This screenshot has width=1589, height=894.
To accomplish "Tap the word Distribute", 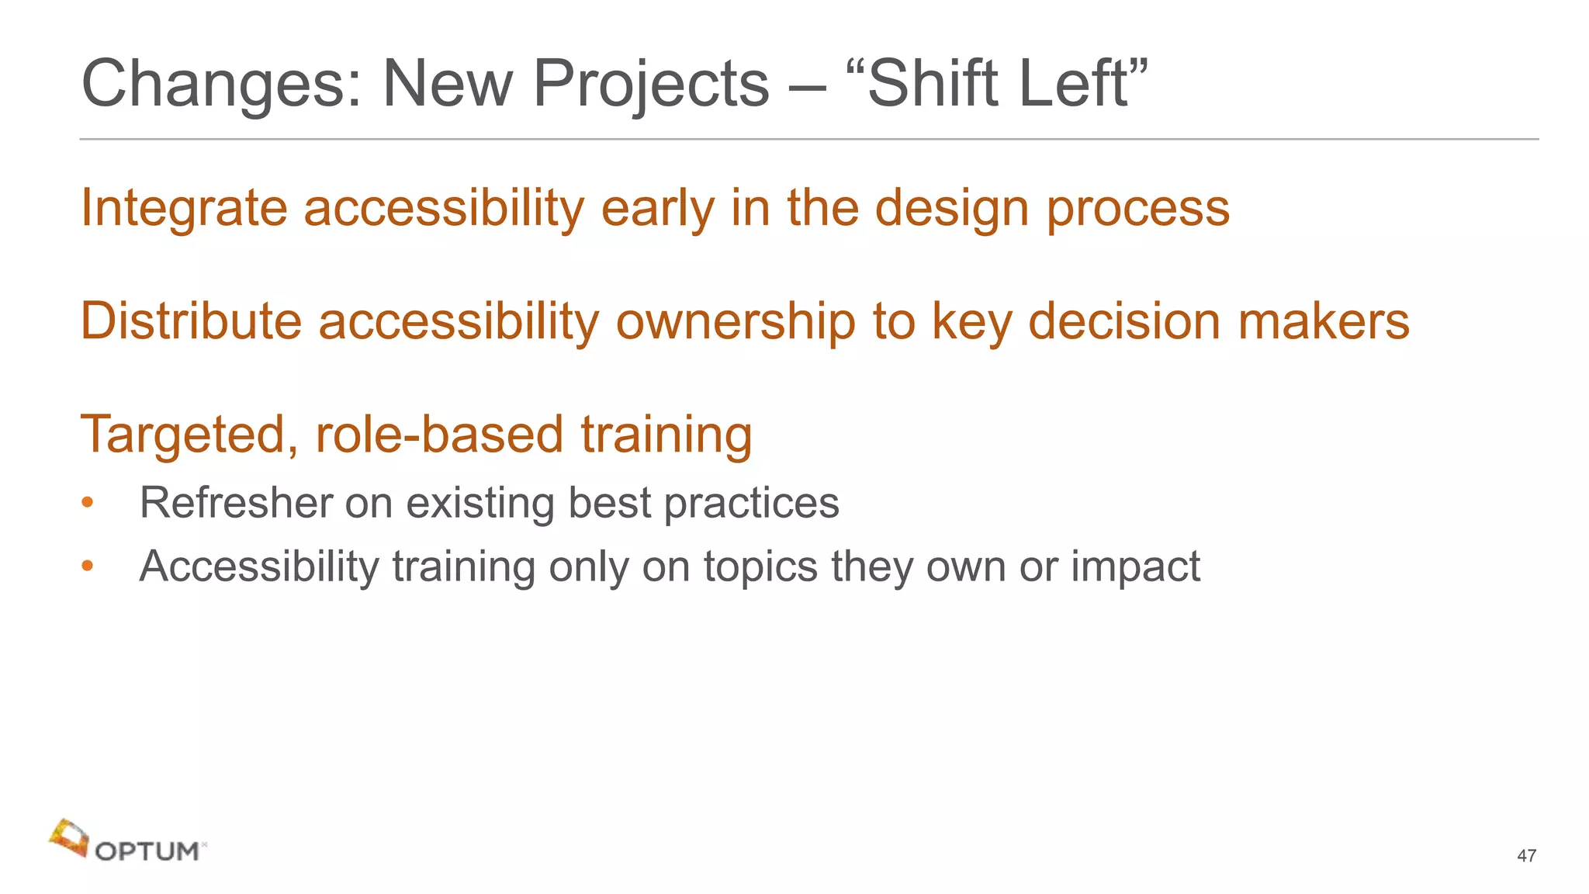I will (191, 321).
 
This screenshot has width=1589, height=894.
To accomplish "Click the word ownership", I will (735, 321).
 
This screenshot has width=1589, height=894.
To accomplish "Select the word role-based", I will (439, 435).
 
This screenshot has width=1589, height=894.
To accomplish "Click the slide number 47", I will (1526, 856).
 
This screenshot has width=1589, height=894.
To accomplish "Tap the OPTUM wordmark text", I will (147, 852).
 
